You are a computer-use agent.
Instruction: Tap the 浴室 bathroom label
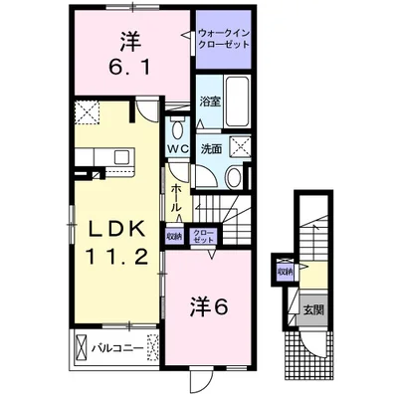coord(209,101)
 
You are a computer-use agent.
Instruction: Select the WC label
coord(178,149)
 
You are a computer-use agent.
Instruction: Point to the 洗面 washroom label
coord(210,148)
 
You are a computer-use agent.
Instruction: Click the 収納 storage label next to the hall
coord(174,236)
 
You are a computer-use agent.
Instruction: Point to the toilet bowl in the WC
coord(178,129)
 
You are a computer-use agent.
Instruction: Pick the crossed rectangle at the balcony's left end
coord(80,348)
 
